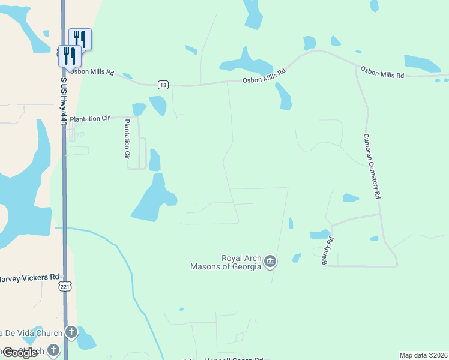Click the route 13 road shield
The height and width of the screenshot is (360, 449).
(163, 85)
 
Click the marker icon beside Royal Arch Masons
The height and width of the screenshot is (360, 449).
(270, 261)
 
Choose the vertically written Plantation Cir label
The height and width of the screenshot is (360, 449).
(127, 139)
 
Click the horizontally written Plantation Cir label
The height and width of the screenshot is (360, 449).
(90, 119)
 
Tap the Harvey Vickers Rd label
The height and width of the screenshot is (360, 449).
(29, 277)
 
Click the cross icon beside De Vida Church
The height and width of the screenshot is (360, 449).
(71, 332)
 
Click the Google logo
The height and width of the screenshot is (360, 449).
(20, 353)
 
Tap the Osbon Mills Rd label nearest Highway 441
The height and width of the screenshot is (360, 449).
(91, 71)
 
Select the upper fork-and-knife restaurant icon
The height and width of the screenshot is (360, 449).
(80, 39)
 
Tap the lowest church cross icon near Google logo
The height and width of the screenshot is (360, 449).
(53, 349)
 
